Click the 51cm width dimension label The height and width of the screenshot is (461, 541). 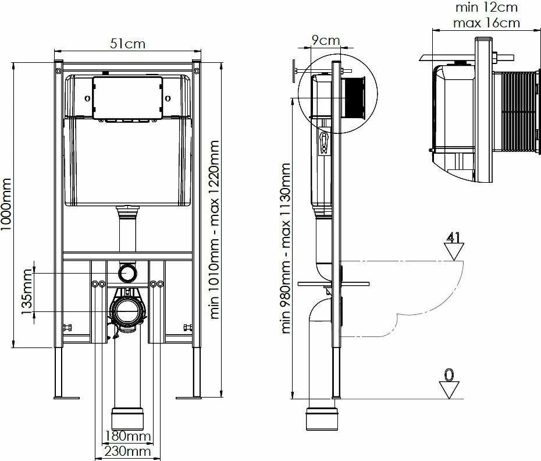[127, 44]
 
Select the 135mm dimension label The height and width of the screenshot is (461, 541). [27, 292]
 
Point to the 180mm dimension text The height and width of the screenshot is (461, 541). [127, 436]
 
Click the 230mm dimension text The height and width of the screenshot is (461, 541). [127, 451]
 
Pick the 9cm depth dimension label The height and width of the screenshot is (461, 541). [326, 40]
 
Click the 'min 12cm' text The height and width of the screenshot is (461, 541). [486, 7]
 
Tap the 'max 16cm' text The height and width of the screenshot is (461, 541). [486, 23]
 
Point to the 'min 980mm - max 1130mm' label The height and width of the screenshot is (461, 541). [286, 249]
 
